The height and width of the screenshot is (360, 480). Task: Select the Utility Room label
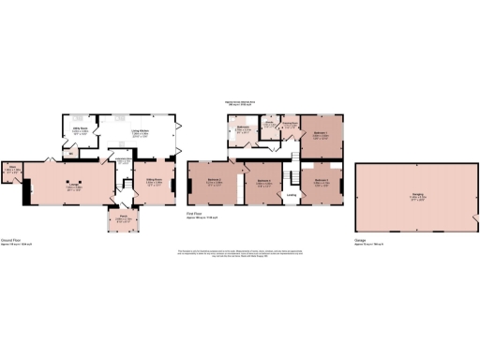81,130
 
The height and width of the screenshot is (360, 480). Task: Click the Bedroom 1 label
321,135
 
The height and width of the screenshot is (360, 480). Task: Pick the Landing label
292,195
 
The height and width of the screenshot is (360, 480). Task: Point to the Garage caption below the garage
360,241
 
